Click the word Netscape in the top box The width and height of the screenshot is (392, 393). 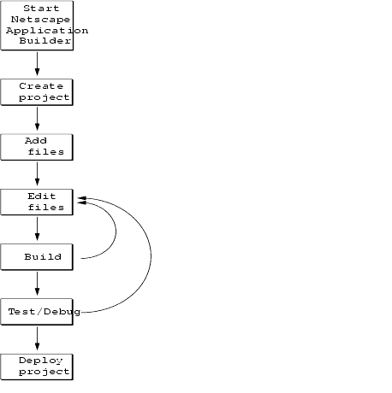40,20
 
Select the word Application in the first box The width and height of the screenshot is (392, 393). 47,31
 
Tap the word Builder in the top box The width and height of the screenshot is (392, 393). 45,41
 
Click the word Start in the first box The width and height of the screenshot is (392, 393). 41,9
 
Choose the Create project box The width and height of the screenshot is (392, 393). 37,92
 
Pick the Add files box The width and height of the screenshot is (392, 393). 37,147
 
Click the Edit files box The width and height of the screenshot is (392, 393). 37,202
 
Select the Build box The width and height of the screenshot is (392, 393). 37,257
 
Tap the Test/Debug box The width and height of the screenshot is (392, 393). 37,312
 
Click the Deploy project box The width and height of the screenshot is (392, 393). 37,367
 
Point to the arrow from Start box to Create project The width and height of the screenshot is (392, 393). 37,63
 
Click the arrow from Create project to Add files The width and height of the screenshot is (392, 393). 37,119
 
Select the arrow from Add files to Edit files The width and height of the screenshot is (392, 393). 37,173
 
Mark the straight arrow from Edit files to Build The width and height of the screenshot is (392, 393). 37,228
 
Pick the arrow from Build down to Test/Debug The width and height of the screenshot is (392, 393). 37,284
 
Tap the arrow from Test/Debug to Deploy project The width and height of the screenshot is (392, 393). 37,338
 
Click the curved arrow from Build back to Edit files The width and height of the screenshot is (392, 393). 116,231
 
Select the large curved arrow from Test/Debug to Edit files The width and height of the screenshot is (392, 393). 151,256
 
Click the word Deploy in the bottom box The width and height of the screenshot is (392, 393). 40,361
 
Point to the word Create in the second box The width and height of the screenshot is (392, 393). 41,86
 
